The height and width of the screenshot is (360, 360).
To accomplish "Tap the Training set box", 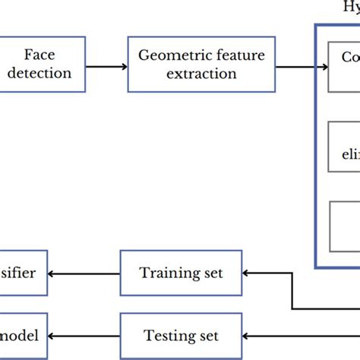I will (181, 273).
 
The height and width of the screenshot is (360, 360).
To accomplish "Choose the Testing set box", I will (181, 335).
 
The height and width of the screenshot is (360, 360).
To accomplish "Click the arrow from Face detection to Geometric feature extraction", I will (106, 65).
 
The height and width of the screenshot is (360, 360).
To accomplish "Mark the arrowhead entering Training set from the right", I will (248, 273).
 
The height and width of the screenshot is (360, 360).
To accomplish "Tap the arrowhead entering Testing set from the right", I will (248, 335).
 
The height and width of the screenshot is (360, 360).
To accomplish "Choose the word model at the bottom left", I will (21, 335).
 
